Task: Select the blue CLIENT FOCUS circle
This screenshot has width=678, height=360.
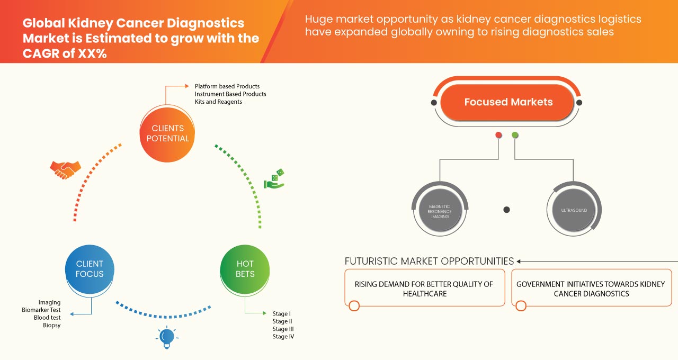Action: click(90, 269)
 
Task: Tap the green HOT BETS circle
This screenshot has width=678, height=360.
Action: click(245, 269)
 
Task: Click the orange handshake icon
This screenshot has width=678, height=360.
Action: click(65, 170)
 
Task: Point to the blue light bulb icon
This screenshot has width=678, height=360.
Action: click(167, 337)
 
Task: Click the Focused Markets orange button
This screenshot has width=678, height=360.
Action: click(508, 102)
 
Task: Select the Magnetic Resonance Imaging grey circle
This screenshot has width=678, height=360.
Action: click(440, 210)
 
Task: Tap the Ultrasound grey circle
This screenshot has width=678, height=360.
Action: click(574, 210)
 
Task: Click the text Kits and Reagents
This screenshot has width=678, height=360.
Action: click(218, 102)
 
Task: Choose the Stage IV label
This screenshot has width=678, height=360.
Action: click(283, 337)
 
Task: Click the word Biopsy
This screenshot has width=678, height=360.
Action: click(52, 325)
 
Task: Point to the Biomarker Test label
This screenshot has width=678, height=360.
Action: click(41, 310)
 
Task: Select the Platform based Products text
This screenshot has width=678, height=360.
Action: click(227, 86)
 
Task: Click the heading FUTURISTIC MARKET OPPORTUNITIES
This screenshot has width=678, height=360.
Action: click(429, 261)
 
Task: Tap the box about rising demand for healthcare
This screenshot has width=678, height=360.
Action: click(424, 289)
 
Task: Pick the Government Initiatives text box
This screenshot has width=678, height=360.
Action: click(590, 289)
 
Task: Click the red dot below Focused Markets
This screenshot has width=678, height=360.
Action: click(498, 136)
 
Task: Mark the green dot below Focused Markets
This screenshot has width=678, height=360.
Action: click(515, 136)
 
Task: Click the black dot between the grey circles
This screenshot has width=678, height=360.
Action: click(506, 210)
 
